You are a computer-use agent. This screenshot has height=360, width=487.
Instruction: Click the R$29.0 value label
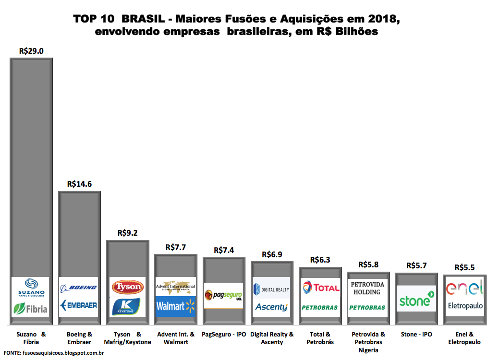coord(31,50)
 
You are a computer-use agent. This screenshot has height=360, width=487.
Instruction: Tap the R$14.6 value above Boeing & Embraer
coord(79,183)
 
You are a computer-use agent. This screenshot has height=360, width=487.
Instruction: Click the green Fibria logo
coord(32,309)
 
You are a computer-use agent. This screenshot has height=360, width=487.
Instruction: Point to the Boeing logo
coord(79,288)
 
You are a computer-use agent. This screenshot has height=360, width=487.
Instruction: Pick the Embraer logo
coord(79,305)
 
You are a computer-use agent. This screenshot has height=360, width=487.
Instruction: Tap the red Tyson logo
coord(127,287)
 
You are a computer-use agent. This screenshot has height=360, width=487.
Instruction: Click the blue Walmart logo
coord(176,306)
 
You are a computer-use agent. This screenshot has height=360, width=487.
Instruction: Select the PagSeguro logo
coord(224,295)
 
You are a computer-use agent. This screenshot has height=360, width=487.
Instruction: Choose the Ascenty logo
coord(271,307)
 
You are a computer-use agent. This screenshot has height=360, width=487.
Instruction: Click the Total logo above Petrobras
coord(320,288)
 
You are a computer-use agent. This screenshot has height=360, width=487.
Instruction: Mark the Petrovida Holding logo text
coord(368,288)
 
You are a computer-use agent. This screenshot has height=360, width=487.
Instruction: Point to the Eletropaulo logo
coord(464,305)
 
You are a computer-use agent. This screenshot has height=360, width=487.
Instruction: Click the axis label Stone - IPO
coord(416,334)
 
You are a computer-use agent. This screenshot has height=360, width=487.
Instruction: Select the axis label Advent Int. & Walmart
coord(176,338)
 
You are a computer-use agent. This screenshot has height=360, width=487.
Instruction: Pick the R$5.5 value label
coord(464,267)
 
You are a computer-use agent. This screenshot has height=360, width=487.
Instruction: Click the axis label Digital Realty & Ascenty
coord(272,338)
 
